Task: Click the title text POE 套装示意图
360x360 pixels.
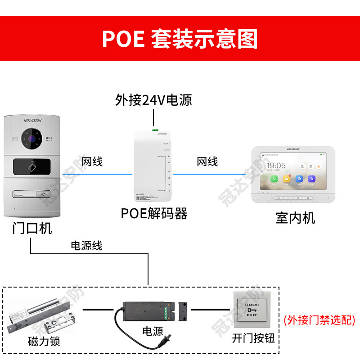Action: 180,39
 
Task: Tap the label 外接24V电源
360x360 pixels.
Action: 153,99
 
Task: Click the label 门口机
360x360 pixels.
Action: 32,228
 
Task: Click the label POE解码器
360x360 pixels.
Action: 154,213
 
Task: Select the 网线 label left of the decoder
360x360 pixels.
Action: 92,162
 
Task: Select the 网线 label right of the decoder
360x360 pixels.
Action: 207,162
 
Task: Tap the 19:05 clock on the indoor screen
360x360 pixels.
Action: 276,166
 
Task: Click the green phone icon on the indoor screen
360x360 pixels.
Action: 274,179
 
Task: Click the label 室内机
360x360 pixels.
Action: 295,218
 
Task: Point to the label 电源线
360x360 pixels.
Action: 86,246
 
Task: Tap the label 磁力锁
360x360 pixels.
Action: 43,342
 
